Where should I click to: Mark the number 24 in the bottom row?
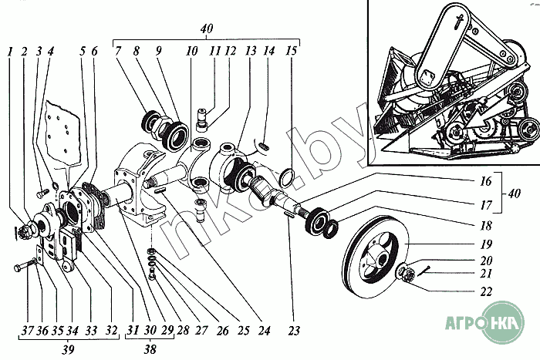[264, 331]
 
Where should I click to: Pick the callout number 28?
[181, 331]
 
